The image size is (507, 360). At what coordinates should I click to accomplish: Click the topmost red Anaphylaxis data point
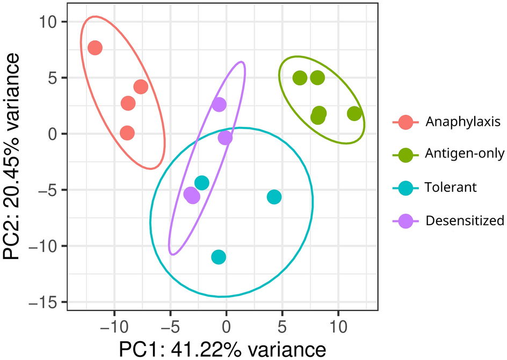[95, 48]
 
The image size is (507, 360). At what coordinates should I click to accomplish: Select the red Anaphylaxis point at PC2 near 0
[127, 133]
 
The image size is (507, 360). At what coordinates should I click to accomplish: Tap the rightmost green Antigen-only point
[354, 113]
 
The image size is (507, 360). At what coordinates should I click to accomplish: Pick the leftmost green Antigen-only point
[300, 77]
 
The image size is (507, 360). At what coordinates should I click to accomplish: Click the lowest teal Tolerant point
[219, 257]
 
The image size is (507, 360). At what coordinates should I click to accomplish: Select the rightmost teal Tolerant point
[274, 197]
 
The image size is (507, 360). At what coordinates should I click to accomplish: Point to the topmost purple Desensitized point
[219, 104]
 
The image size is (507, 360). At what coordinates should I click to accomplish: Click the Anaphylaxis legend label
[462, 122]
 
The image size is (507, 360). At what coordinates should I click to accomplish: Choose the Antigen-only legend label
[465, 155]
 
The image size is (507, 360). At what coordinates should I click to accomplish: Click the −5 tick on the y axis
[49, 190]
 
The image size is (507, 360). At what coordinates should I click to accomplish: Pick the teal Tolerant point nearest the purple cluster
[201, 183]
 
